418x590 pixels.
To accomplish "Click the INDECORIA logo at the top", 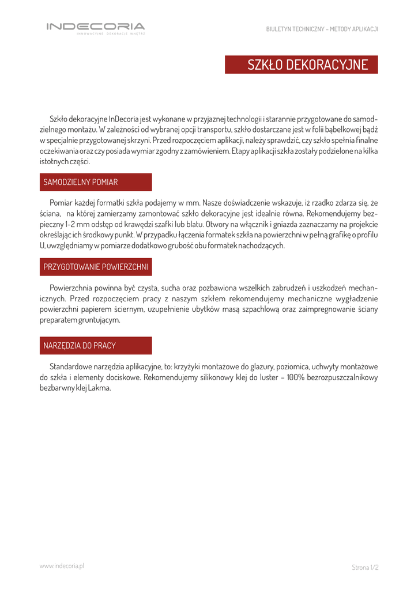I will tap(96, 27).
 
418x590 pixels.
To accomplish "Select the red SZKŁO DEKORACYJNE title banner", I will tap(301, 65).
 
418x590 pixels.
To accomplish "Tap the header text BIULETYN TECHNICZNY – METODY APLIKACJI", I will tap(322, 29).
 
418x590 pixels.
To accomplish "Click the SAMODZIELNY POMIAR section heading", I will tap(81, 182).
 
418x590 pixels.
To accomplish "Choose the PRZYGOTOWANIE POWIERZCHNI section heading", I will tap(96, 267).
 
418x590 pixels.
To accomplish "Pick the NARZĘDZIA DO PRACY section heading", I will tap(80, 346).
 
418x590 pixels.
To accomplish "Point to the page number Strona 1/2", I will tap(365, 568).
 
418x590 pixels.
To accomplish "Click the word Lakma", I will tap(100, 388).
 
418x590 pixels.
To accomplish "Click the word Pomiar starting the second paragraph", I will tap(61, 203).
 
